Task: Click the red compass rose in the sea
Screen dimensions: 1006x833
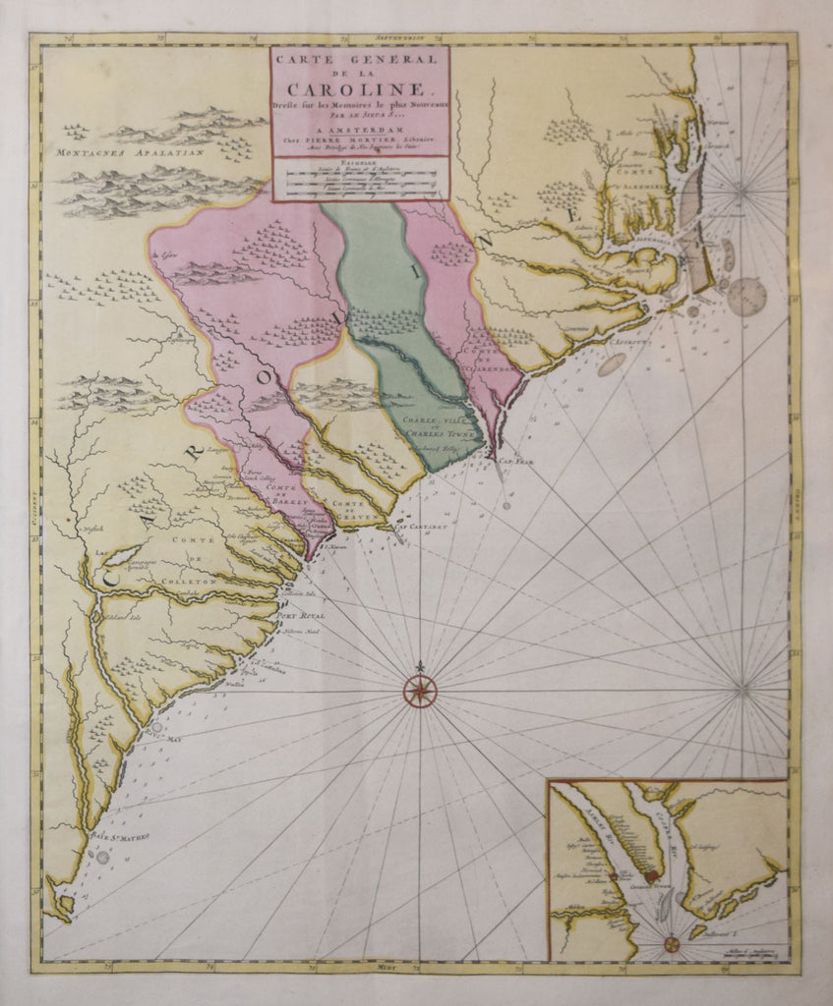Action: (x=420, y=689)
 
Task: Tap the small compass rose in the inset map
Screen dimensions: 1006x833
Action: (x=671, y=944)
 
